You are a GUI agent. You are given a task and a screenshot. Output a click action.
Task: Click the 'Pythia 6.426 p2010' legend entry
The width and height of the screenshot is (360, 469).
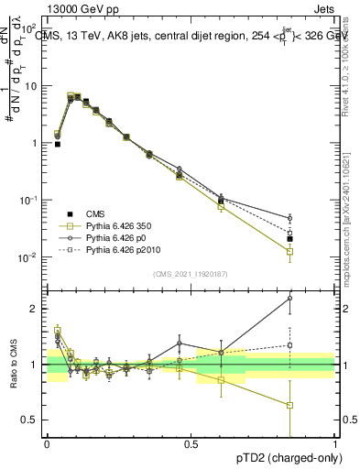(x=108, y=249)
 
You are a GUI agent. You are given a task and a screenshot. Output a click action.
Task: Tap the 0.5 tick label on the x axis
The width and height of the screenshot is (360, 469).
(x=191, y=445)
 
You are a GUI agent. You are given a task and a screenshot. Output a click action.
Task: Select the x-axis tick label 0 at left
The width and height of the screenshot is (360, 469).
(x=47, y=445)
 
